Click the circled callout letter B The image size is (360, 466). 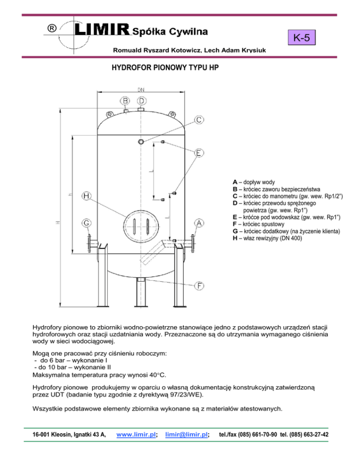pos(126,100)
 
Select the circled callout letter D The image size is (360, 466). pos(142,100)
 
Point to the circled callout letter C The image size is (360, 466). pos(199,120)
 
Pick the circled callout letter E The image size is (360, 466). pos(199,153)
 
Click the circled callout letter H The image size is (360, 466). pos(87,195)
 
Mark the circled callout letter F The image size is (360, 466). pos(199,286)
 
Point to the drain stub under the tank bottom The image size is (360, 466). pos(141,280)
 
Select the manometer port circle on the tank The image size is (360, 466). pos(142,142)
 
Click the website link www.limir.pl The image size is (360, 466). pos(135,434)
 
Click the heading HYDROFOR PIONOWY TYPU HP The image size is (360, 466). pos(165,68)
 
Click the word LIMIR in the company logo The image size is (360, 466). pos(102,30)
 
